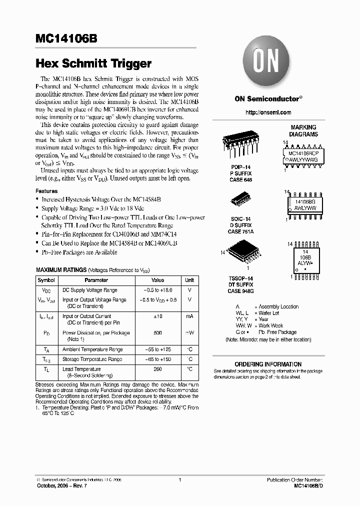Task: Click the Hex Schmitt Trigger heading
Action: [93, 64]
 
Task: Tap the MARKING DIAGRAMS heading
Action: [303, 131]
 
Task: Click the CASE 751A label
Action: [240, 231]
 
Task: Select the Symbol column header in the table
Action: [46, 280]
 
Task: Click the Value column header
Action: [157, 280]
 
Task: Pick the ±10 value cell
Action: [157, 316]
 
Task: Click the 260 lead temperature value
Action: [157, 369]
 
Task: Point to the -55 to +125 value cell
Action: [157, 349]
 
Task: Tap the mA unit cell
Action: [189, 316]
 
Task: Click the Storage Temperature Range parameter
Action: [92, 359]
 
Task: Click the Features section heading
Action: [46, 191]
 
